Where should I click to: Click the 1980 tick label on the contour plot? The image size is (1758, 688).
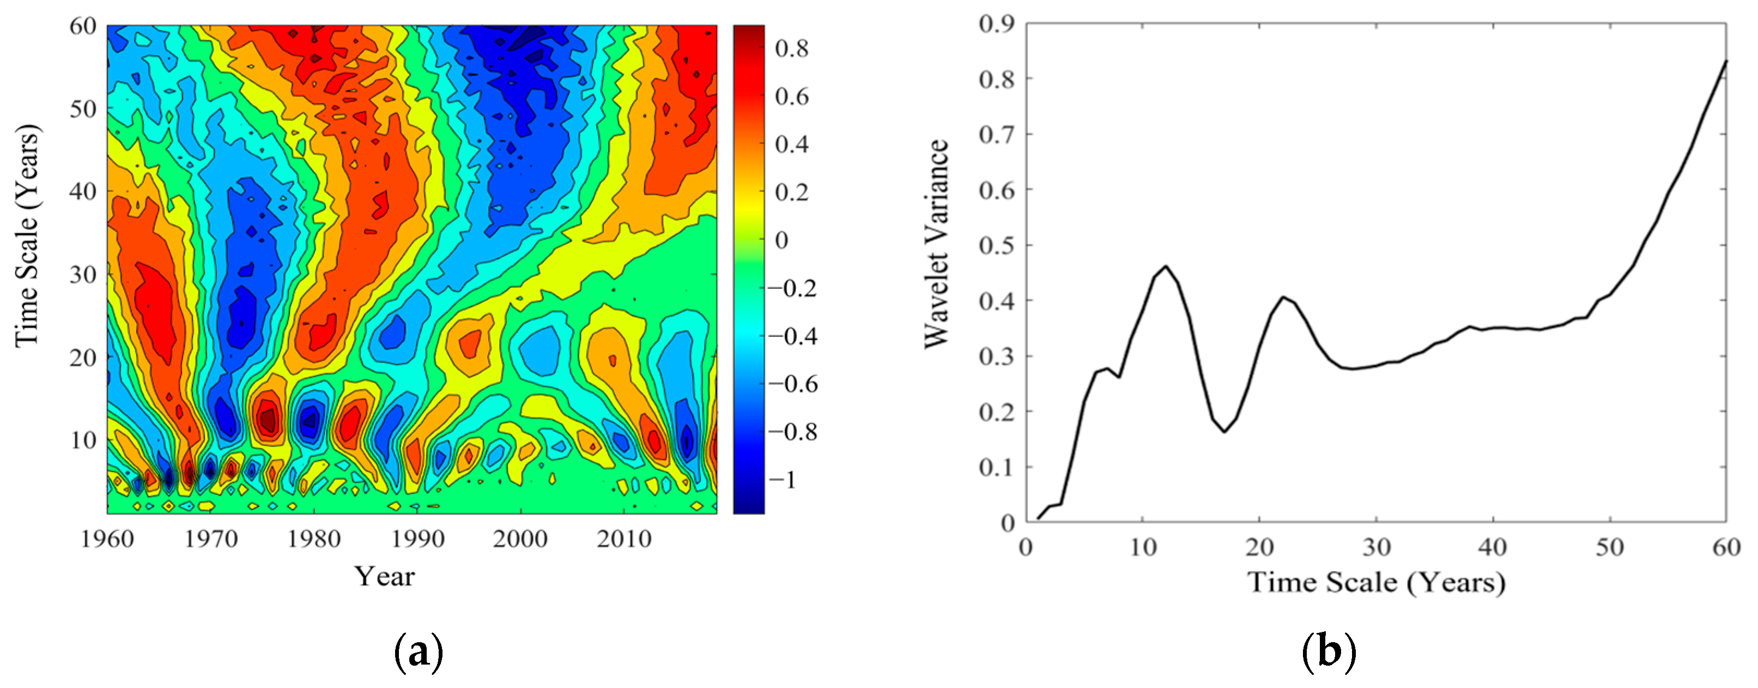(x=314, y=539)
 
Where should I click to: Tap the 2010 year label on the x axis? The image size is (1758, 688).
(x=624, y=539)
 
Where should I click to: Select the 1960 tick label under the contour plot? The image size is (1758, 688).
(x=107, y=539)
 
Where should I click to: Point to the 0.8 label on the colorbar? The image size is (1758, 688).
(x=792, y=49)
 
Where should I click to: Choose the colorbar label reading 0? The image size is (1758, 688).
(x=782, y=240)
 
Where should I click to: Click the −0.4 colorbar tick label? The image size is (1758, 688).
(x=792, y=336)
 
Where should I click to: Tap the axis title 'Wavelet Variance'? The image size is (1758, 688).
(x=936, y=244)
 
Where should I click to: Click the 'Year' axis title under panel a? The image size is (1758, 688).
(x=384, y=577)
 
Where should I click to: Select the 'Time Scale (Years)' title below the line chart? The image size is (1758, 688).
(x=1376, y=582)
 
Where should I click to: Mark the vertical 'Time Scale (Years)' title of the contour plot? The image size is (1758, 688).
(x=27, y=236)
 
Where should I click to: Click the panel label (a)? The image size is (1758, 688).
(x=419, y=653)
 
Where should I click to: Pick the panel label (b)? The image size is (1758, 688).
(x=1328, y=653)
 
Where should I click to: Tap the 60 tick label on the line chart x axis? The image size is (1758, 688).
(x=1726, y=547)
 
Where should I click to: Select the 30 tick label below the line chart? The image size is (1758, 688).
(x=1377, y=547)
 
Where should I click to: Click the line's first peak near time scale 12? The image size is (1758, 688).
(x=1166, y=266)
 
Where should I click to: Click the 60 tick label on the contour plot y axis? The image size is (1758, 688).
(x=83, y=26)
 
